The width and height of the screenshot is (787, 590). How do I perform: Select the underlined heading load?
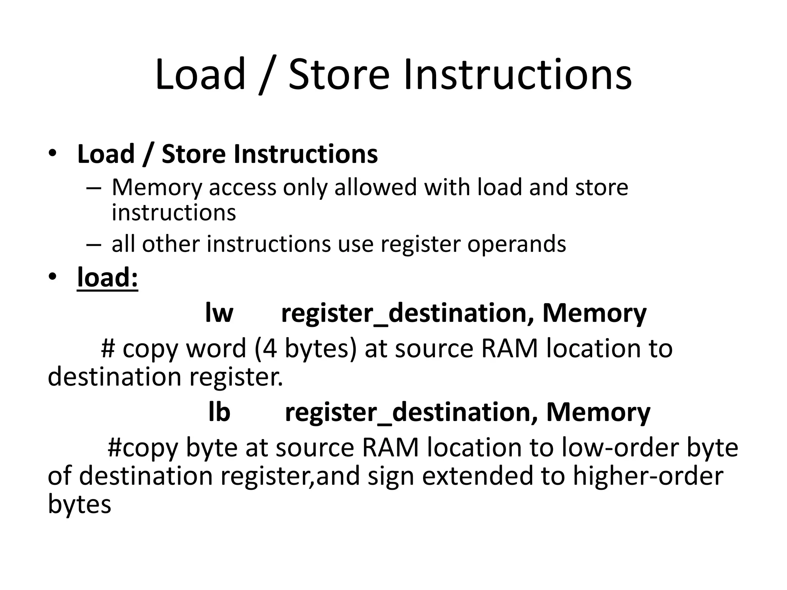(108, 277)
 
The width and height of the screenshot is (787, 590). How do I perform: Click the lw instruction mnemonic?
(219, 313)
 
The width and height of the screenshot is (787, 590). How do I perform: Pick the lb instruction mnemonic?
(219, 412)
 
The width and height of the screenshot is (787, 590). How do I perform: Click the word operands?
(516, 244)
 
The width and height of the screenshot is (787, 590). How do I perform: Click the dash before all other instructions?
(93, 245)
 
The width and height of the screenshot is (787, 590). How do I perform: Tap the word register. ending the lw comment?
(236, 376)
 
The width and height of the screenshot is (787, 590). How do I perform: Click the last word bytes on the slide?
(79, 504)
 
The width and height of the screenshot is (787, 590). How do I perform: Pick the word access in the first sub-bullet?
(242, 187)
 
